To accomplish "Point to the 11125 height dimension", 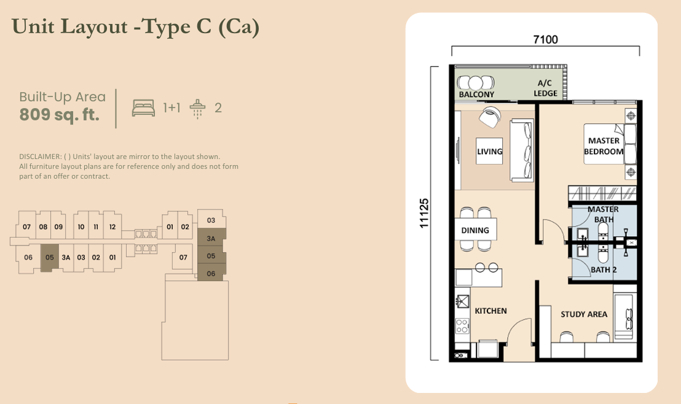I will point(423,213).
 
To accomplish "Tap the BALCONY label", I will point(476,95).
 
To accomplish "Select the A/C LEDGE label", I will point(545,88).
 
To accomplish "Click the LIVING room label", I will point(490,152).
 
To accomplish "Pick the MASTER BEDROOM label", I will point(604,146).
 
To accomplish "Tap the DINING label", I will point(475,230).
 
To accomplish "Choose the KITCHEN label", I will point(490,311).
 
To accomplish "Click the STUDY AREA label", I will point(583,314).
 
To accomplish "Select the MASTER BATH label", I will point(603,214).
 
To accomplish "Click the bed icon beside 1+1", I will point(143,108).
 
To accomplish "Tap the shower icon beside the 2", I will point(197,108).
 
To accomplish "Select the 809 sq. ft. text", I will point(60,115).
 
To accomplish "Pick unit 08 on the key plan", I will point(43,227).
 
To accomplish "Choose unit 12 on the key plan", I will point(112,227).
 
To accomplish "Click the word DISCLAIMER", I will point(40,157).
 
